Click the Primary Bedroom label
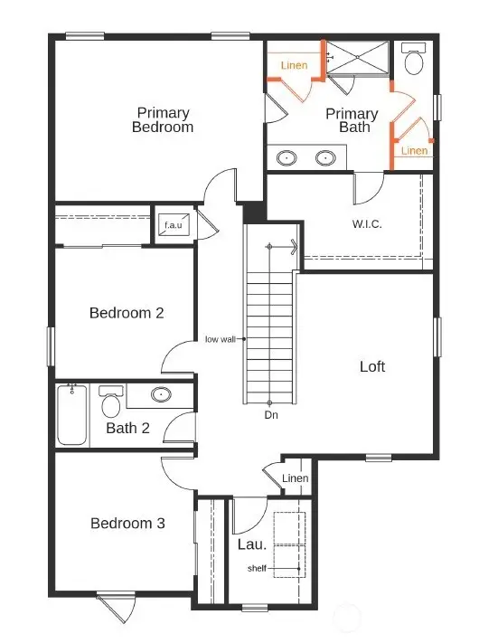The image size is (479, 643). (x=164, y=120)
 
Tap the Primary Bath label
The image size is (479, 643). (x=352, y=120)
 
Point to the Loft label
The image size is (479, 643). (x=372, y=366)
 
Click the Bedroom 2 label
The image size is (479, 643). (x=127, y=313)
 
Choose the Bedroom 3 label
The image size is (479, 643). (x=127, y=523)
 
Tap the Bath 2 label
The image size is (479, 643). (x=127, y=428)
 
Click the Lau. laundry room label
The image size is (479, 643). (x=251, y=544)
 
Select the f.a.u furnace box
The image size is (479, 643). (x=174, y=225)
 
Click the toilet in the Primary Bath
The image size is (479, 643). (x=415, y=60)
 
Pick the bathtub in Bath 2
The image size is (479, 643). (x=72, y=414)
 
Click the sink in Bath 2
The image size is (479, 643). (x=161, y=394)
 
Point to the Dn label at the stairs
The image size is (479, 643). (x=270, y=415)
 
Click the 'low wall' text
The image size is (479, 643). (x=221, y=340)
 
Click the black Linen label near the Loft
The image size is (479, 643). (x=296, y=478)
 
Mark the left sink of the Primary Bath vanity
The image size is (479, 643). (x=287, y=157)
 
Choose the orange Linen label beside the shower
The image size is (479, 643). (x=294, y=65)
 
